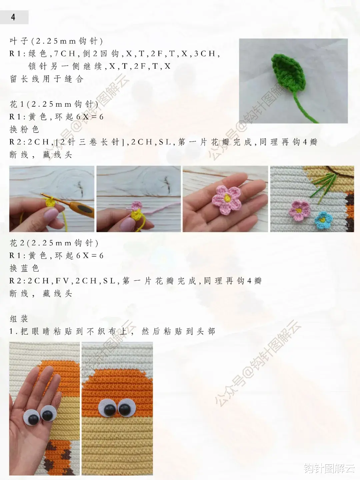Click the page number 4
pos(13,17)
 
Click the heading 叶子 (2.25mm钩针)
pos(56,41)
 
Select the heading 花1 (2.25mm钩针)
pos(54,104)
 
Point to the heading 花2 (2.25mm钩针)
pos(54,243)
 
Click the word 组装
pos(19,319)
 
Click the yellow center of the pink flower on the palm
pos(227,198)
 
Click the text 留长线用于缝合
pos(46,79)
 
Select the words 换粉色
pos(24,129)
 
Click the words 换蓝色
pos(24,268)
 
